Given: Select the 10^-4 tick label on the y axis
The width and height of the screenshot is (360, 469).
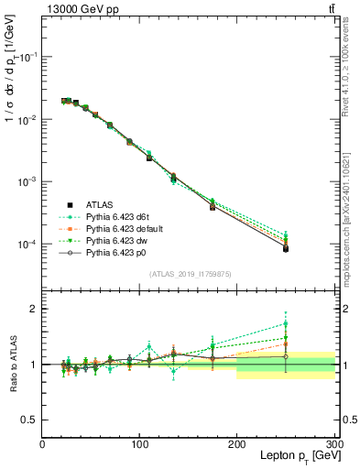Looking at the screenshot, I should tap(27, 245).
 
